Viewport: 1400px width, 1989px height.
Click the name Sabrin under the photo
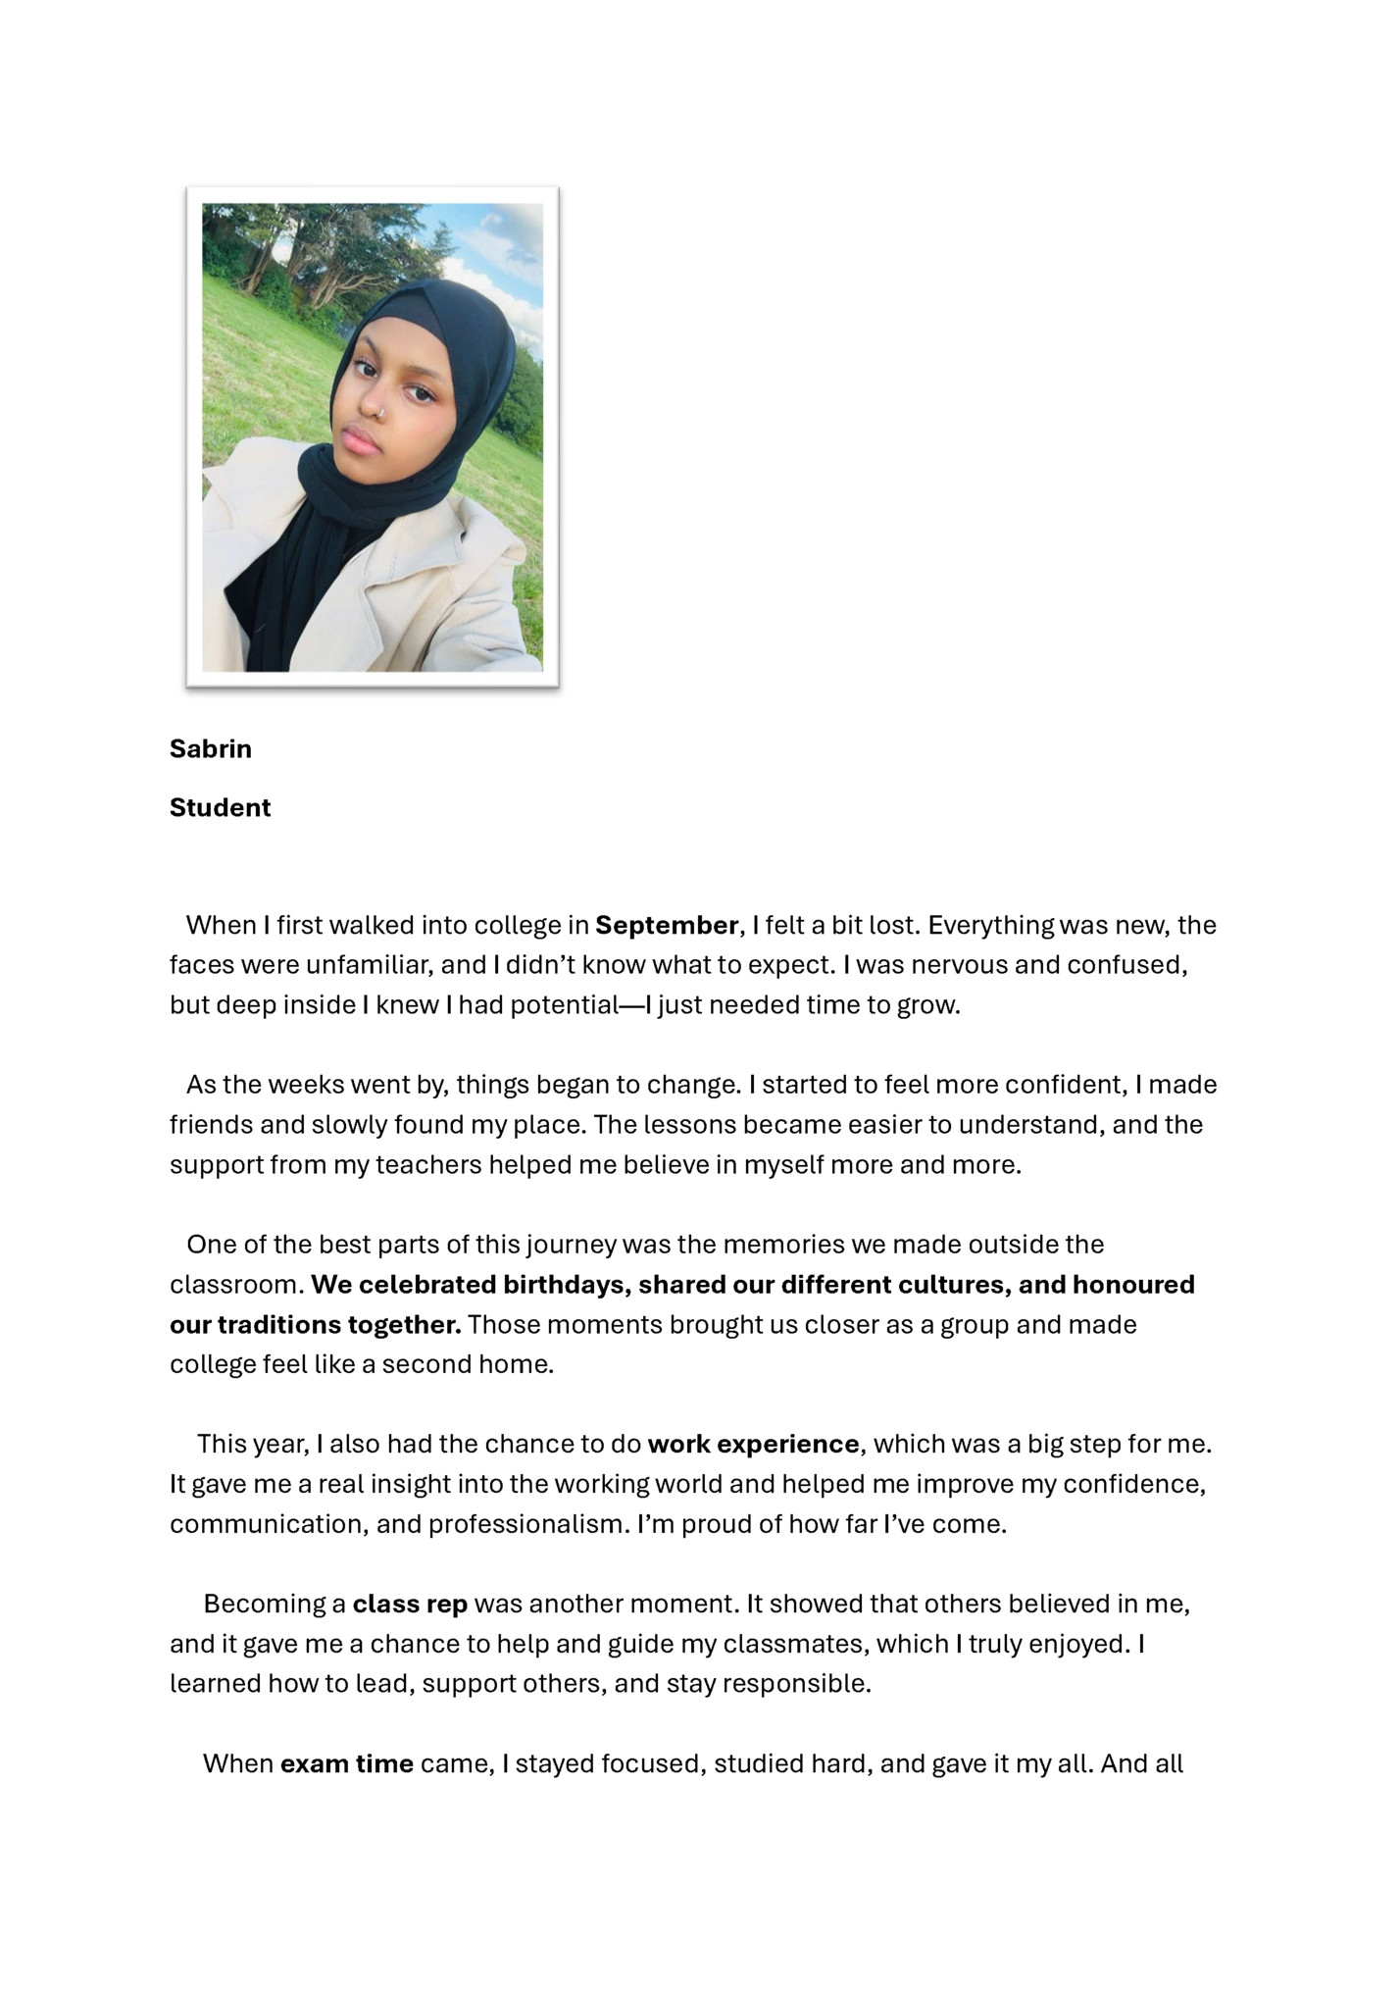(210, 748)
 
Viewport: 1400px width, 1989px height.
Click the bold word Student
(220, 807)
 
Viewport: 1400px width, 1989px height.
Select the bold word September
(666, 925)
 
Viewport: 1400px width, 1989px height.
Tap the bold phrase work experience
(753, 1444)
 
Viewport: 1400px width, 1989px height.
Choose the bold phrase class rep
(410, 1604)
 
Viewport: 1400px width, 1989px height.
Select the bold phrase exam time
(347, 1763)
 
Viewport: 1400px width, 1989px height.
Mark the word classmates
(794, 1644)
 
